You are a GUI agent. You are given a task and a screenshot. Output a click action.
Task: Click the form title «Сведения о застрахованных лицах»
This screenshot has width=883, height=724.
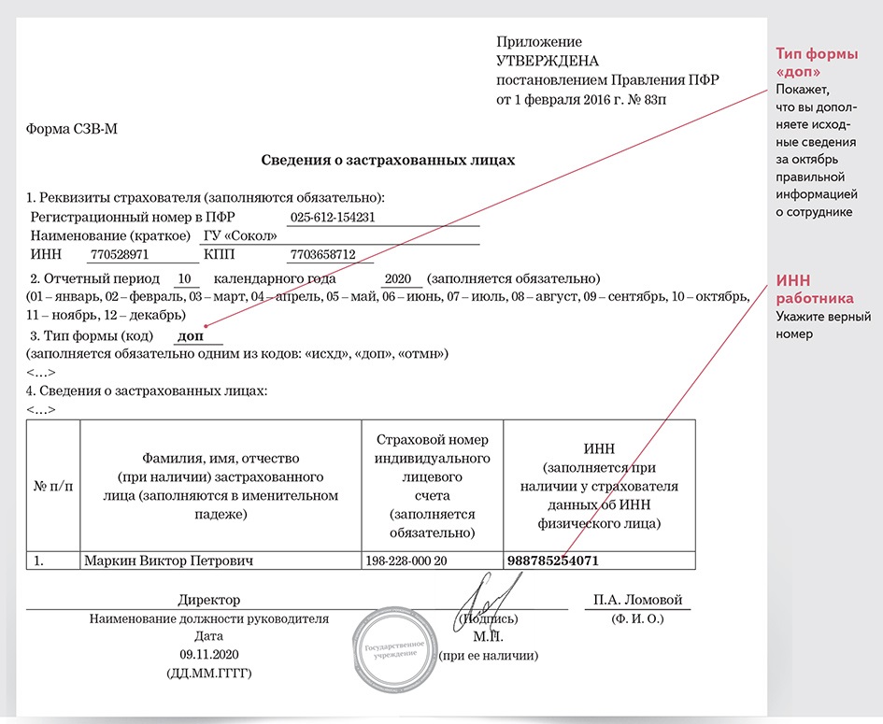click(x=388, y=161)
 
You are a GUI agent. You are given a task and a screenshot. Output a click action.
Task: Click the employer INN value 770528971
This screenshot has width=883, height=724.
click(x=119, y=254)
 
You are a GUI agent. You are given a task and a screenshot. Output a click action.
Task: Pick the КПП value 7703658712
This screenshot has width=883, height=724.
click(x=323, y=254)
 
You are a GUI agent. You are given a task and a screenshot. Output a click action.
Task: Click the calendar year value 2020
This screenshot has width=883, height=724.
click(x=398, y=279)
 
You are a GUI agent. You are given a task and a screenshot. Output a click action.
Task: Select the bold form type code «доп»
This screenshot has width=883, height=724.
click(x=192, y=335)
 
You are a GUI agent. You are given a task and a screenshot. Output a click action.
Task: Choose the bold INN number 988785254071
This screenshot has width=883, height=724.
click(x=552, y=561)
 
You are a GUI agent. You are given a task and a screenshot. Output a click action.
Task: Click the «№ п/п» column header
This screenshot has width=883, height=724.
click(x=53, y=488)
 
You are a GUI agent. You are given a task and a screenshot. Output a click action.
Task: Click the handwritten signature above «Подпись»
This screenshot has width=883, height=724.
click(x=491, y=598)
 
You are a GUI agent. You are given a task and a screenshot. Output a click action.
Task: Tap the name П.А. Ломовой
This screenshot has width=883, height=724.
click(x=638, y=600)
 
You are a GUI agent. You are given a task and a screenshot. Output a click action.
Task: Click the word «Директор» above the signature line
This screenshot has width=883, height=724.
click(x=209, y=600)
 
